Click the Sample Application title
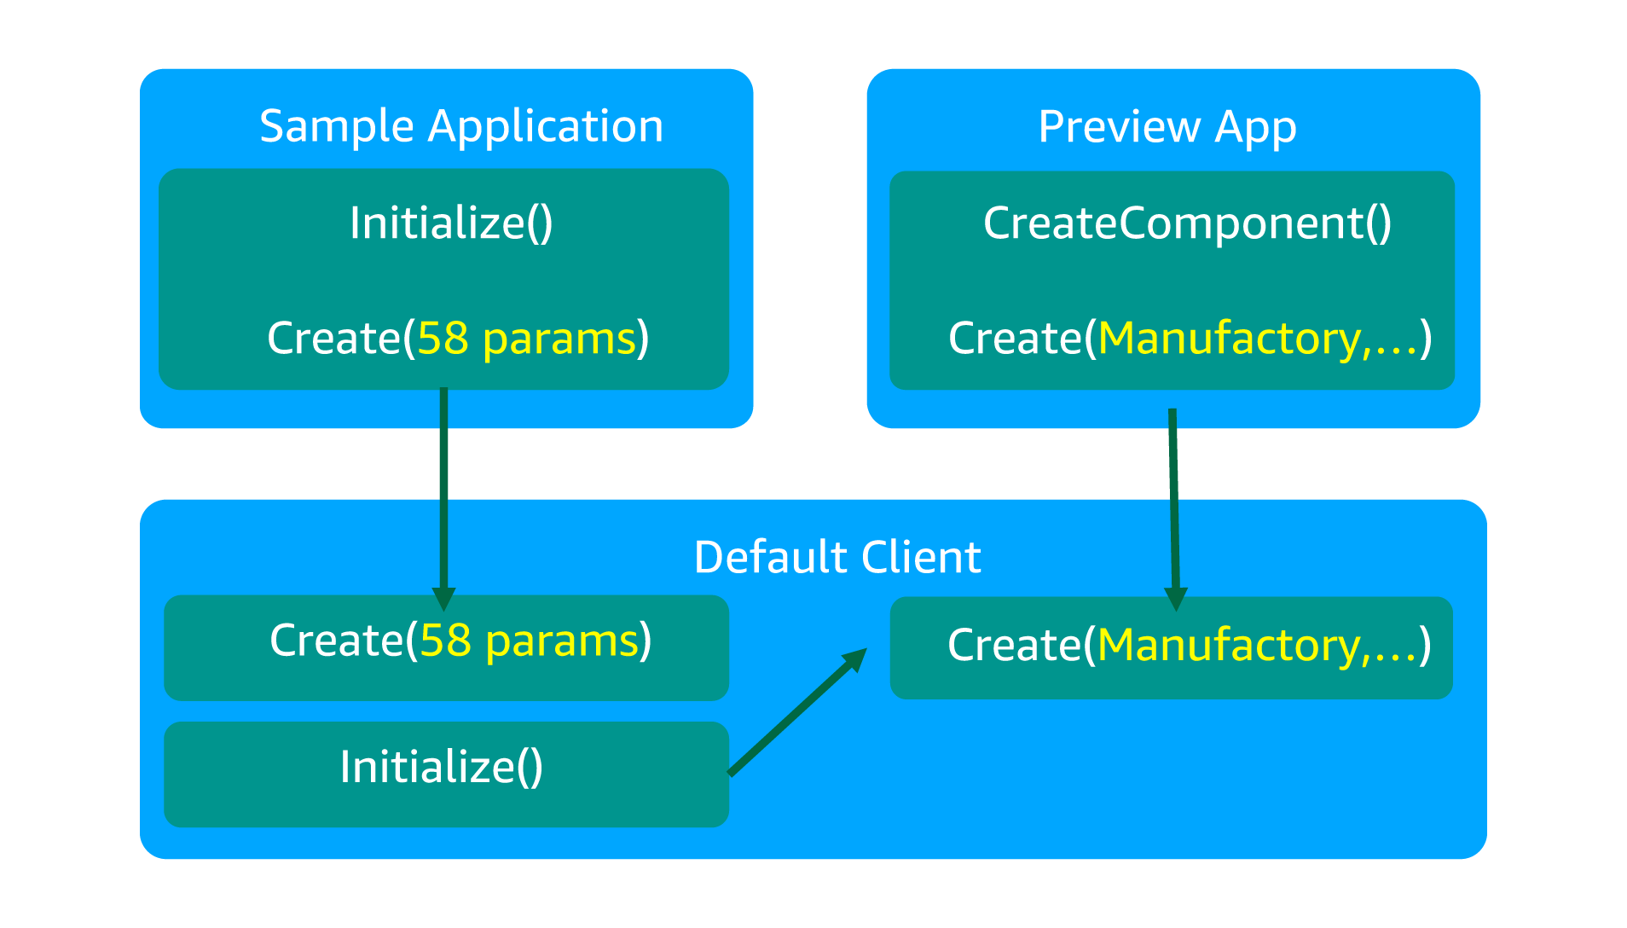point(461,127)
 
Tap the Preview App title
point(1167,128)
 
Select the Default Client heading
point(837,558)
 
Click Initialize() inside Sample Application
point(451,223)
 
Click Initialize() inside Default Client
point(441,767)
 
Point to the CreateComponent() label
point(1187,223)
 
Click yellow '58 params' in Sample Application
point(527,339)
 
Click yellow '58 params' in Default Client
point(530,641)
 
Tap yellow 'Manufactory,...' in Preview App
point(1259,339)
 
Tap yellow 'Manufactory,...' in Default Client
point(1259,645)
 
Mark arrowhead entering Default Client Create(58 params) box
point(443,599)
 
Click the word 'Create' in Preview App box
point(1015,339)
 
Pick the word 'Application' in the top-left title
point(546,127)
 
